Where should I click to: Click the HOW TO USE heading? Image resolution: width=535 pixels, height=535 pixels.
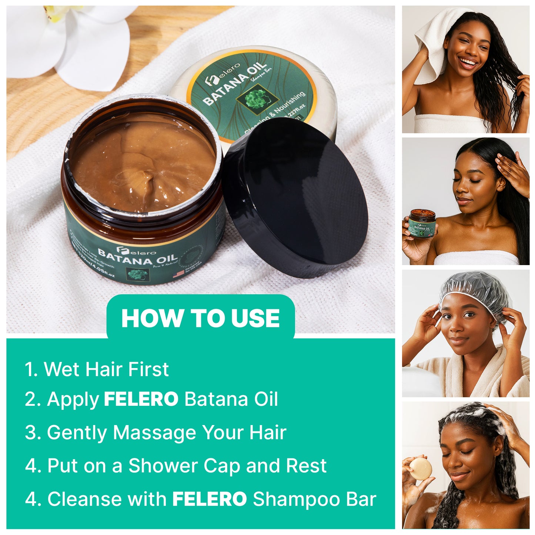(x=200, y=318)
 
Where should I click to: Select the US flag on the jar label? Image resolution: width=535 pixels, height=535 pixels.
(x=178, y=275)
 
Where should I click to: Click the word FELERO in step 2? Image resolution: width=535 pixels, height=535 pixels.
(x=141, y=399)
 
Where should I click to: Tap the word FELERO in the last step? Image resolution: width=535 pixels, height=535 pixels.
(x=210, y=499)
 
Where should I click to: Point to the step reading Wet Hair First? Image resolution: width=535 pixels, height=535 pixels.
(x=97, y=369)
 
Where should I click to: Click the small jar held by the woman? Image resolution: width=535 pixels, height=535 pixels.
(x=422, y=225)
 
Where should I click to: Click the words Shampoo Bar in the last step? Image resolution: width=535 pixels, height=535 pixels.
(x=314, y=499)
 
